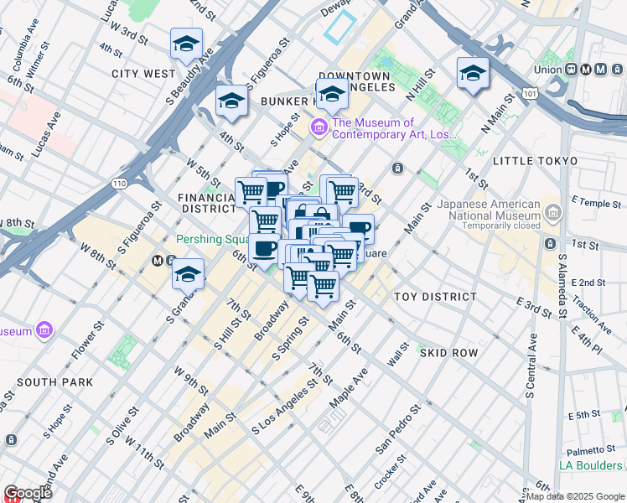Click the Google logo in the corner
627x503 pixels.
click(28, 493)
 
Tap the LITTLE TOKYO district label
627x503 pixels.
click(535, 161)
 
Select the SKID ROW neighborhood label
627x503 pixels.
click(448, 353)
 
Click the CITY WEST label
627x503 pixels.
click(143, 74)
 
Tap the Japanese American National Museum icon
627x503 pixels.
click(552, 215)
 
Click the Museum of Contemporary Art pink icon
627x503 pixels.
click(319, 127)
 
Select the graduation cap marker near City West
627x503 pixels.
click(186, 45)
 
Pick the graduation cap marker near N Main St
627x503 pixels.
click(473, 74)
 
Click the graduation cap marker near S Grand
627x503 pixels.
click(189, 274)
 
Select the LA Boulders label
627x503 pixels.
click(591, 465)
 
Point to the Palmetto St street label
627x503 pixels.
click(593, 449)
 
